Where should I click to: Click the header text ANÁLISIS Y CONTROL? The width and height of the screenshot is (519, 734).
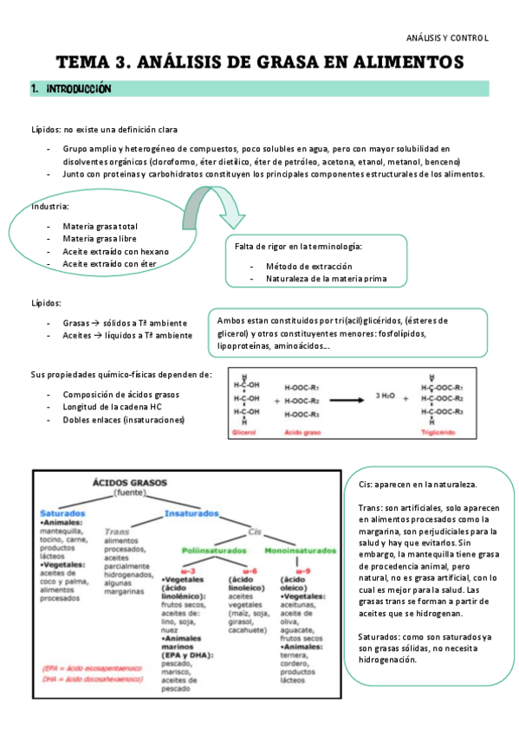(447, 38)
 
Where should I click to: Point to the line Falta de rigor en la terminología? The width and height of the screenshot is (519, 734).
(299, 247)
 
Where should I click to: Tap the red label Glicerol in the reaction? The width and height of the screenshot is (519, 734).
(248, 430)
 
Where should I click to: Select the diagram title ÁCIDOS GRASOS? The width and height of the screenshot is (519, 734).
(130, 482)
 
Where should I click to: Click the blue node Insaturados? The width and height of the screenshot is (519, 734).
(190, 513)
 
